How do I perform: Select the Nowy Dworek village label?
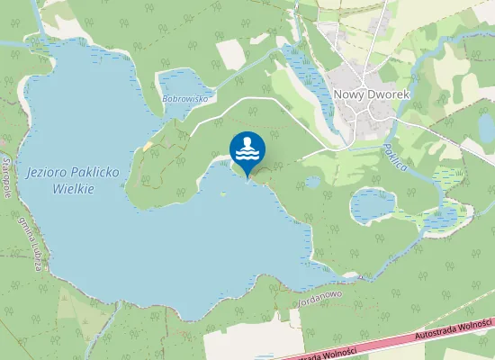click(x=372, y=93)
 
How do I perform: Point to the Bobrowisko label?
click(x=185, y=99)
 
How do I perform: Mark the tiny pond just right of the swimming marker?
click(x=312, y=182)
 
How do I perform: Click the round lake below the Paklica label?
click(x=372, y=204)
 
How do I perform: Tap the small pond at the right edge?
click(x=486, y=129)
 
